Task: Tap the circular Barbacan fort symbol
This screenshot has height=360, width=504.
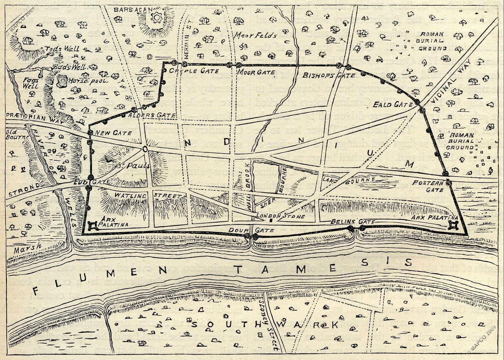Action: [x=156, y=17]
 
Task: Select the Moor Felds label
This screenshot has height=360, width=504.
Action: [x=255, y=35]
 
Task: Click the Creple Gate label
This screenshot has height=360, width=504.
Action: [x=190, y=71]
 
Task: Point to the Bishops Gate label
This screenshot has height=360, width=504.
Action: [x=329, y=75]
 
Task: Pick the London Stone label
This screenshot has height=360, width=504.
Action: [x=281, y=216]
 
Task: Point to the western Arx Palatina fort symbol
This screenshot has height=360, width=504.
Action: [x=93, y=226]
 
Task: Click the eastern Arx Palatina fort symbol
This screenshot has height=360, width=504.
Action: [x=454, y=225]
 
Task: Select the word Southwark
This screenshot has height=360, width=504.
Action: [x=265, y=324]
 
